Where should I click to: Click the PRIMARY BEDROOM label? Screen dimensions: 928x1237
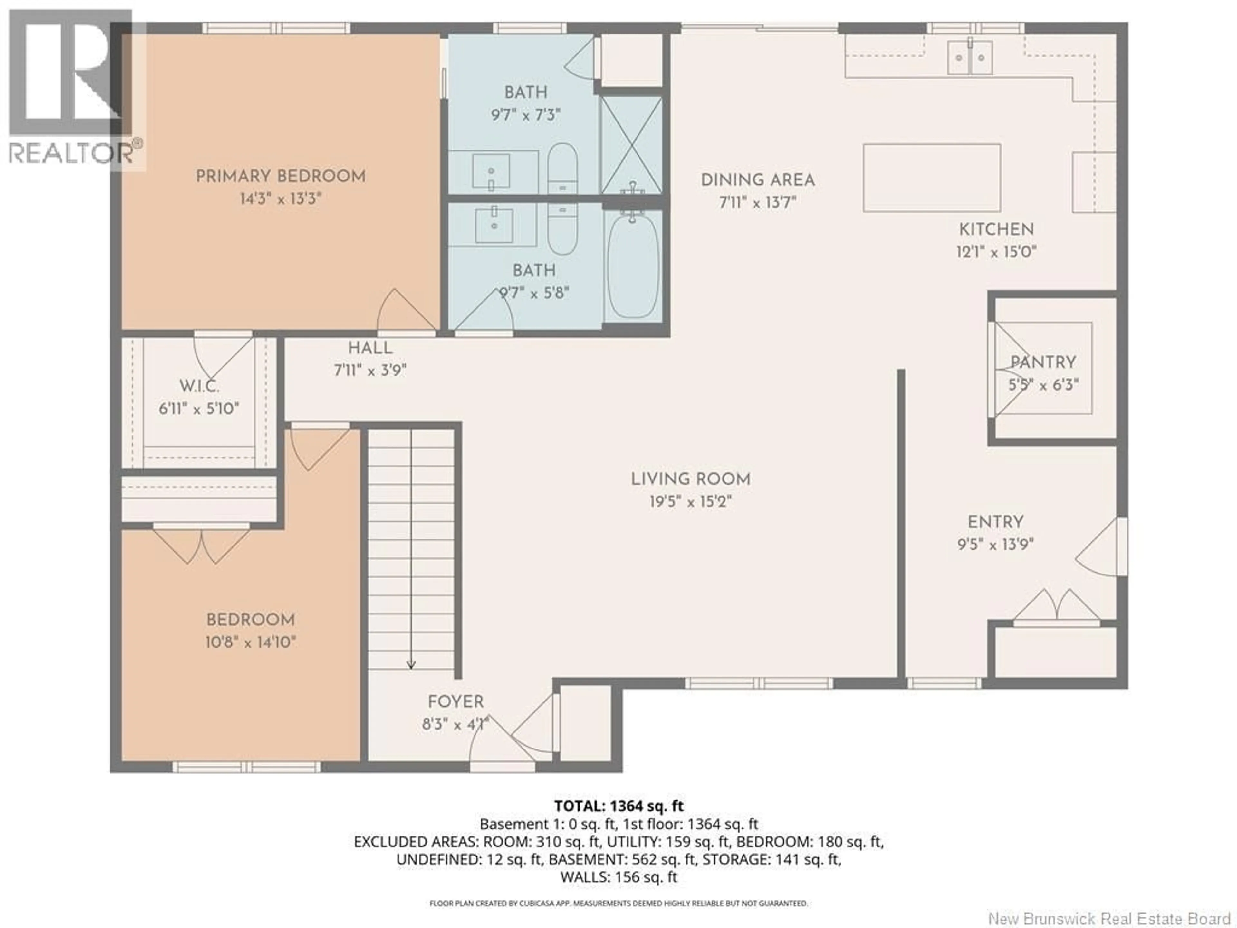point(280,176)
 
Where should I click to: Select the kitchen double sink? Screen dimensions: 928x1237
point(970,57)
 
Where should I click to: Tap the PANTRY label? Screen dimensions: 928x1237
point(1043,362)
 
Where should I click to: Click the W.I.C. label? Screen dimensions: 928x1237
point(199,386)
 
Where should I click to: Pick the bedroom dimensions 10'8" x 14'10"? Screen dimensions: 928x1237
point(251,642)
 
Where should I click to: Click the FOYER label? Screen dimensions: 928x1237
point(456,701)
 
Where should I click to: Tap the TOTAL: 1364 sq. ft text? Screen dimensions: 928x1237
point(618,806)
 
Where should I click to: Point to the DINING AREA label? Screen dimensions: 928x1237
point(758,180)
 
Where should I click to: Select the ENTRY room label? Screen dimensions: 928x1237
point(995,522)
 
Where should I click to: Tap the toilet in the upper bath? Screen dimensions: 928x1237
point(562,168)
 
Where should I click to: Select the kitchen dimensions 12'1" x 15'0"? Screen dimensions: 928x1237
point(996,252)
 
